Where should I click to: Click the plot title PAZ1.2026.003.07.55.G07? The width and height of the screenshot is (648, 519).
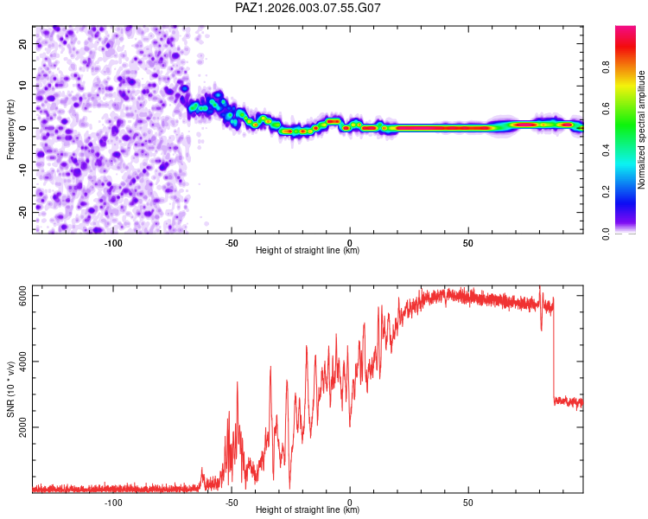click(308, 8)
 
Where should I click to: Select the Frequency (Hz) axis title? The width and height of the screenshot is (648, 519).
click(11, 128)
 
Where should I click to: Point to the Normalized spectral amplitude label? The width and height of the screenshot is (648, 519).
click(642, 129)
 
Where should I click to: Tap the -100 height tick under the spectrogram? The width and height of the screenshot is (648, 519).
click(113, 243)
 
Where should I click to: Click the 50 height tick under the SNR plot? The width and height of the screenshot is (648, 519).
click(467, 503)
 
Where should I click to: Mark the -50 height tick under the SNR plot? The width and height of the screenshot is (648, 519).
click(232, 503)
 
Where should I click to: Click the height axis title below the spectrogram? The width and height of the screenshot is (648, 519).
click(308, 251)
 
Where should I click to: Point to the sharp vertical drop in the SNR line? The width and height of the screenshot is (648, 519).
click(554, 355)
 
